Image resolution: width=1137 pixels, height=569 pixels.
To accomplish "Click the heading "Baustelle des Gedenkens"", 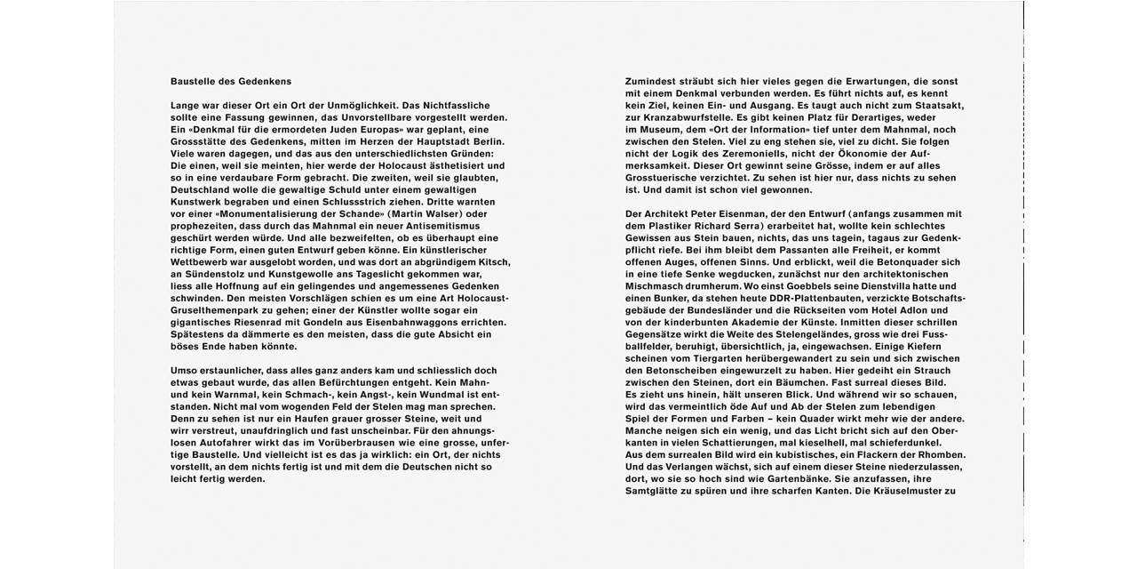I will click(231, 82).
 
